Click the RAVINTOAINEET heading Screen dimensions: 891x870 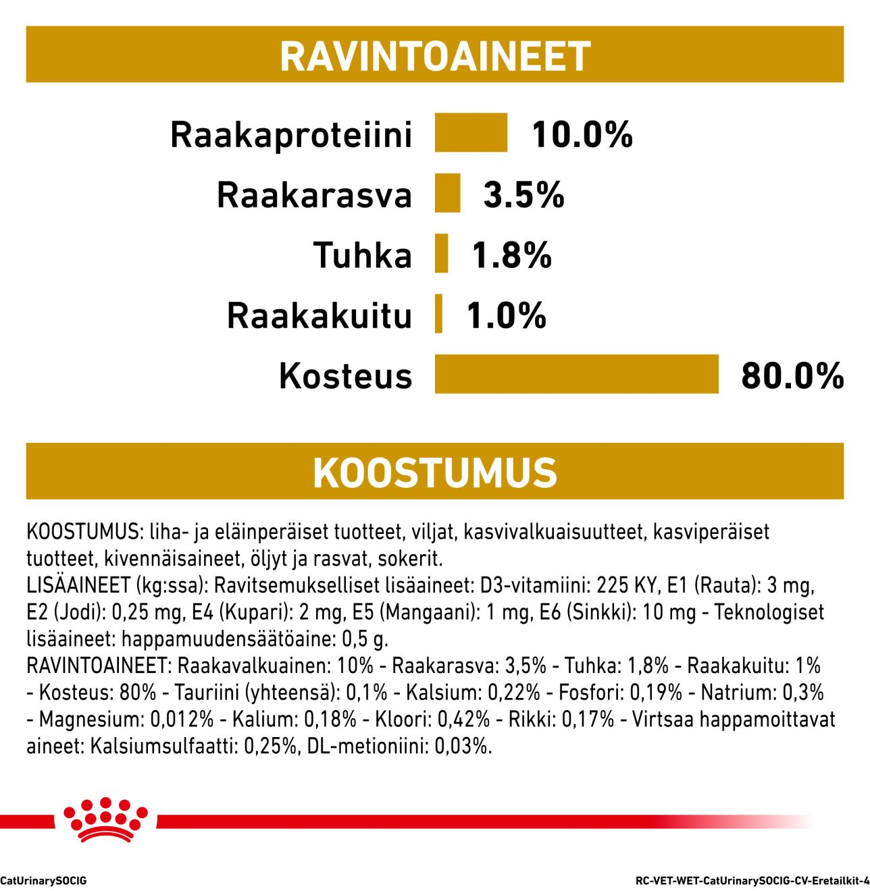point(435,55)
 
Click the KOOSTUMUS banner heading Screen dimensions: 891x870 point(435,472)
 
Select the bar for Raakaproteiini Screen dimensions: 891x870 point(471,133)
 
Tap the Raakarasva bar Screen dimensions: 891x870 point(447,194)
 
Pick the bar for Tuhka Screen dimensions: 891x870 point(442,254)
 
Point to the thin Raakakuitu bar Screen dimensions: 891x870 point(439,314)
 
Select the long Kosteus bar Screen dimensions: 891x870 point(576,374)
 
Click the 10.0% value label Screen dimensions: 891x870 point(582,134)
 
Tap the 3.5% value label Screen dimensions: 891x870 point(523,195)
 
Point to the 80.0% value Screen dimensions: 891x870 point(792,375)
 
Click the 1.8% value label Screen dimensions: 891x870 point(511,255)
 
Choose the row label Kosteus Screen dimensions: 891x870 point(345,375)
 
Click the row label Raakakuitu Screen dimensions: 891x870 point(319,315)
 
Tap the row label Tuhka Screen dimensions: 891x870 point(363,255)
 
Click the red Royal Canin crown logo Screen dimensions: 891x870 point(105,819)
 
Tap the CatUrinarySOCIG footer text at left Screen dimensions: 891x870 point(43,880)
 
